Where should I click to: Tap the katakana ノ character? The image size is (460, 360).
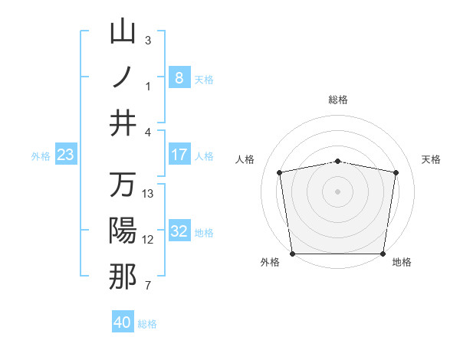[123, 77]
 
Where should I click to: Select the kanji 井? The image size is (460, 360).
[123, 123]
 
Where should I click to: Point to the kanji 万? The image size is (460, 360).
[123, 185]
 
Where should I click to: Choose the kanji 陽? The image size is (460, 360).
[123, 231]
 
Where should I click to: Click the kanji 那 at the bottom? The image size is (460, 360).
[123, 277]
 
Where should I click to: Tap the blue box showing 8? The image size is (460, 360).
[179, 78]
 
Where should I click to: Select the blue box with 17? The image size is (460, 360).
[179, 155]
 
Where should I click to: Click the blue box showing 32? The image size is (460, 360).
[179, 232]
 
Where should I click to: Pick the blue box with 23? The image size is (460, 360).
[65, 155]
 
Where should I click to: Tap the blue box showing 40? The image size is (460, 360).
[123, 322]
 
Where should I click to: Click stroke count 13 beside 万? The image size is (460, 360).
[148, 194]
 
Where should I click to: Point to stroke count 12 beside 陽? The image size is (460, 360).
[148, 240]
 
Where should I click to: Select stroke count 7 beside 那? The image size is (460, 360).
[148, 286]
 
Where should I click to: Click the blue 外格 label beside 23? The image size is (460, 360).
[41, 156]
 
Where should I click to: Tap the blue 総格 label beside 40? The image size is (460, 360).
[147, 324]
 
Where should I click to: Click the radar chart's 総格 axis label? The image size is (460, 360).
[337, 100]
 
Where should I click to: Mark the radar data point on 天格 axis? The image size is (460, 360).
[396, 173]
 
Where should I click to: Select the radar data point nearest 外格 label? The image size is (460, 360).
[292, 253]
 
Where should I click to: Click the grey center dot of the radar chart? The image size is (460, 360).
[337, 191]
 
